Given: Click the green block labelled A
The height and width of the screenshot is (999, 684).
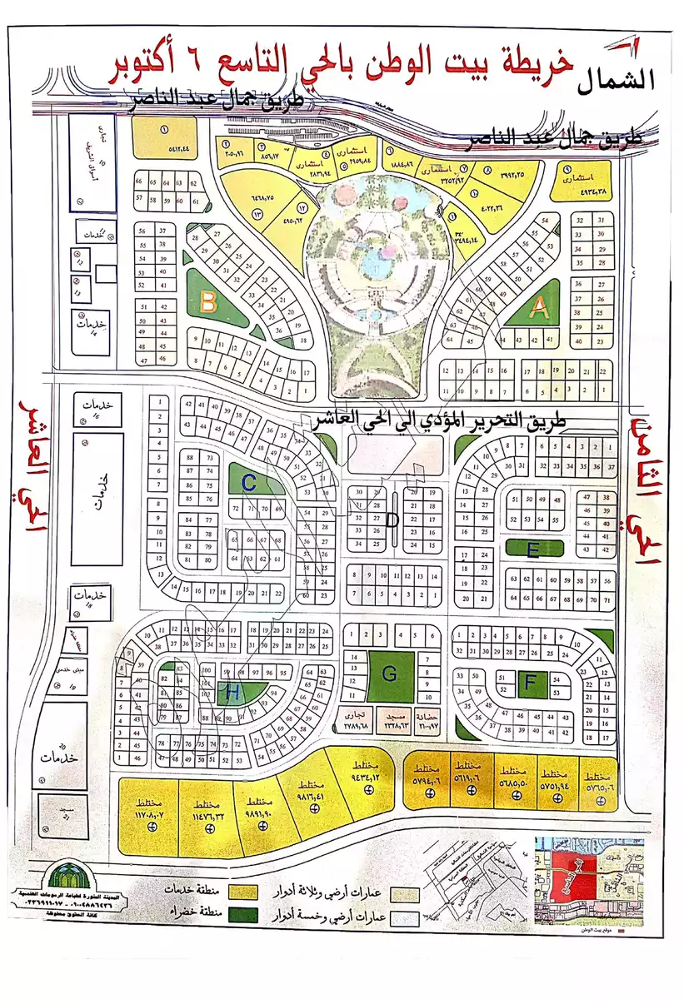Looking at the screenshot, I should (x=540, y=310).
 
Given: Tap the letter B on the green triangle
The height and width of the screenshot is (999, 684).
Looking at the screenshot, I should (x=208, y=300).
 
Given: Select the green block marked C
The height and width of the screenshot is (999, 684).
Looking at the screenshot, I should (x=249, y=481).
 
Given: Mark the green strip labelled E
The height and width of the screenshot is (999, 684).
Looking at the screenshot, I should (x=534, y=549).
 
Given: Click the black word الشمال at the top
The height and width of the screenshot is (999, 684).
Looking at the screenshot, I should (x=617, y=79).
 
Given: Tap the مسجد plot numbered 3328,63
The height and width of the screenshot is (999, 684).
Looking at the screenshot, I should (x=392, y=719).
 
